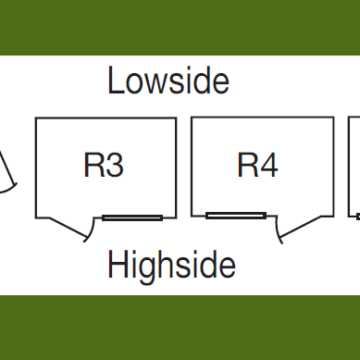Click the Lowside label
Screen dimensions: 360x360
(x=168, y=80)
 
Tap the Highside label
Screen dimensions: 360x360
(x=172, y=266)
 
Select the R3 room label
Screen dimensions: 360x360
(x=103, y=165)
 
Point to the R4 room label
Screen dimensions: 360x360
(x=257, y=165)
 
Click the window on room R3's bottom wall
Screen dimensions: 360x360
(x=132, y=218)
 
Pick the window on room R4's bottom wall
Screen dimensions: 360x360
(x=236, y=216)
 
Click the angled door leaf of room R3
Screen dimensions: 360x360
(x=68, y=228)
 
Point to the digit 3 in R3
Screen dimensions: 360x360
(x=115, y=165)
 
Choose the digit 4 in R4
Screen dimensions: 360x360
(x=269, y=165)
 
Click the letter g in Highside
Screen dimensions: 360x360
(x=149, y=269)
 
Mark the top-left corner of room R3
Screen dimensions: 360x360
(x=36, y=118)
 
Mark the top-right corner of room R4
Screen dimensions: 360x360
(x=333, y=117)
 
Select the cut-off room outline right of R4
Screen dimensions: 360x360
(x=349, y=167)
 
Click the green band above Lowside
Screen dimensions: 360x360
(x=180, y=27)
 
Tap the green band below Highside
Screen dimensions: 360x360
(x=180, y=328)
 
